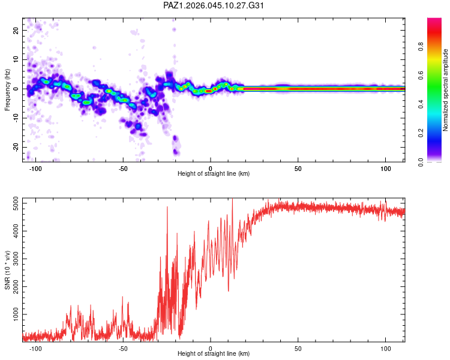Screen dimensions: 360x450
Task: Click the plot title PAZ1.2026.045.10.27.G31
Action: coord(214,5)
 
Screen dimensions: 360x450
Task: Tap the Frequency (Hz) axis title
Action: coord(7,89)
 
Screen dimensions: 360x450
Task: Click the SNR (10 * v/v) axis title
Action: coord(7,269)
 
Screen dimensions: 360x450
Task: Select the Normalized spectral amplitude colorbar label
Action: coord(445,90)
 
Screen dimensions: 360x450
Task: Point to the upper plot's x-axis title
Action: coord(214,174)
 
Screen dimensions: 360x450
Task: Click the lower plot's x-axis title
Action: coord(214,354)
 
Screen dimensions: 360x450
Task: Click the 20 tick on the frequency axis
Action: coord(16,31)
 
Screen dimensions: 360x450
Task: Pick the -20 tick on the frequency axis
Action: coord(14,147)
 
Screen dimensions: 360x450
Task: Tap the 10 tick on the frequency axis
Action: coord(16,60)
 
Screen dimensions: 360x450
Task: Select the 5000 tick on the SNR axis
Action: coord(12,205)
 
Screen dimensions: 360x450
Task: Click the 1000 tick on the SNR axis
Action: coord(12,314)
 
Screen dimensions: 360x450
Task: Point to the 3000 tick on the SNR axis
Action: coord(12,260)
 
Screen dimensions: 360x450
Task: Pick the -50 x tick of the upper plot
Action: coord(122,168)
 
